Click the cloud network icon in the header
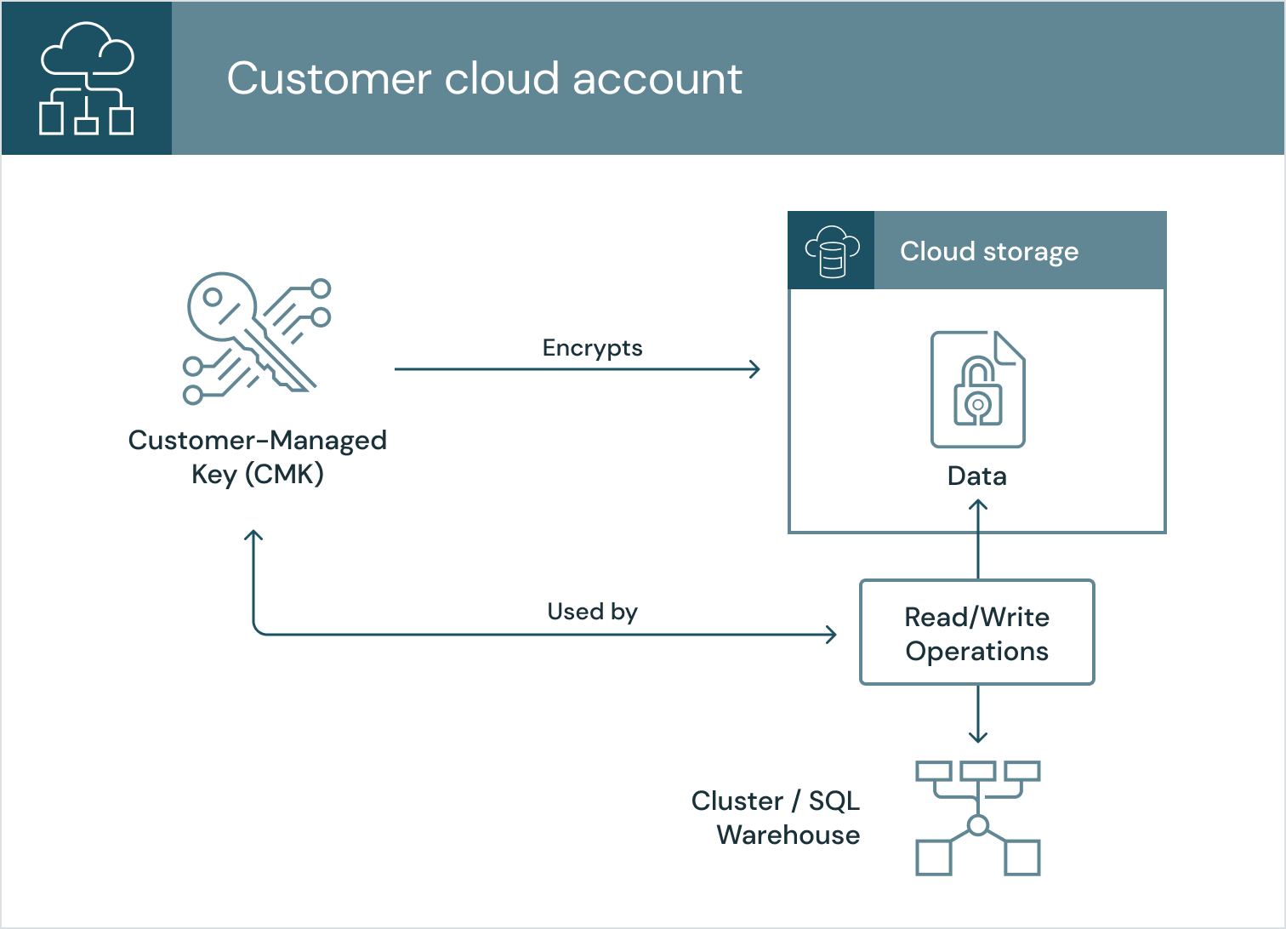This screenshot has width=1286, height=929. [x=87, y=78]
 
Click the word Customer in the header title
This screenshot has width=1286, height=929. [x=328, y=79]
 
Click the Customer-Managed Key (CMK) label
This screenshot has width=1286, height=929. [x=258, y=457]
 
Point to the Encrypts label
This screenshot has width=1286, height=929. [x=592, y=348]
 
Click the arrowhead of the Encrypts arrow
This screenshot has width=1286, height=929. [x=754, y=369]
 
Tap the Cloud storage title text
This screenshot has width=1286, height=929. [x=989, y=252]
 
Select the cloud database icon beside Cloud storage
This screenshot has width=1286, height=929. [x=832, y=252]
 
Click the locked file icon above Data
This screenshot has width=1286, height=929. [x=978, y=389]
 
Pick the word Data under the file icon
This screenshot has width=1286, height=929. [x=977, y=476]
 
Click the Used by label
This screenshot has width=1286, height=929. [x=592, y=612]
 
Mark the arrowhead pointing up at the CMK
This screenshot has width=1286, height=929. [x=253, y=537]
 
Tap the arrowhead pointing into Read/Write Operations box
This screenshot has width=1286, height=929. [x=831, y=634]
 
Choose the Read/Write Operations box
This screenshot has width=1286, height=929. [x=977, y=632]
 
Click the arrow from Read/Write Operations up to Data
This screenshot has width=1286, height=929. [x=978, y=540]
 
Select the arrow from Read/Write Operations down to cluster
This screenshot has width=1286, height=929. [x=978, y=713]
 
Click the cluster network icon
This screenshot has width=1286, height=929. [x=978, y=818]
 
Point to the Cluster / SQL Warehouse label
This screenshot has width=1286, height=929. [x=776, y=818]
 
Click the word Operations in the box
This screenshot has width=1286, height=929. [x=977, y=652]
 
